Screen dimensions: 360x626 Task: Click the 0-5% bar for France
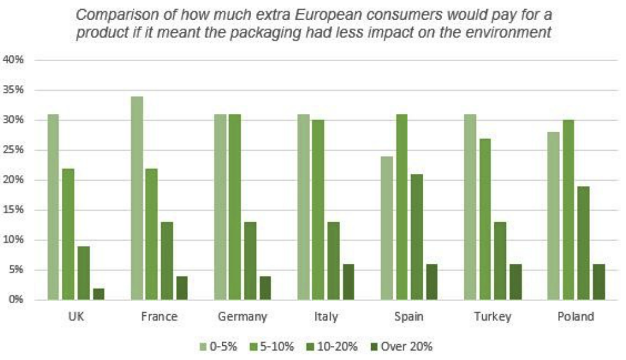(137, 198)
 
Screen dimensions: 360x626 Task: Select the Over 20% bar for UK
(99, 294)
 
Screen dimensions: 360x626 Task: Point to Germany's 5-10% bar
(235, 208)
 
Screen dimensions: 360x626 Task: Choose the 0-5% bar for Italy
(303, 208)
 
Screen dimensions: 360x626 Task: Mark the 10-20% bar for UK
(83, 273)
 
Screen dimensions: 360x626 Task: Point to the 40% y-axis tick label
(13, 61)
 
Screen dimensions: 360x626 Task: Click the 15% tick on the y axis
(13, 211)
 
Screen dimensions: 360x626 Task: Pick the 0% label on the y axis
(15, 300)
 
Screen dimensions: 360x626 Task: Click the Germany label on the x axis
(243, 317)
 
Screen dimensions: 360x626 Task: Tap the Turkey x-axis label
(492, 317)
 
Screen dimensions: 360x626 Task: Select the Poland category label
(575, 317)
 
